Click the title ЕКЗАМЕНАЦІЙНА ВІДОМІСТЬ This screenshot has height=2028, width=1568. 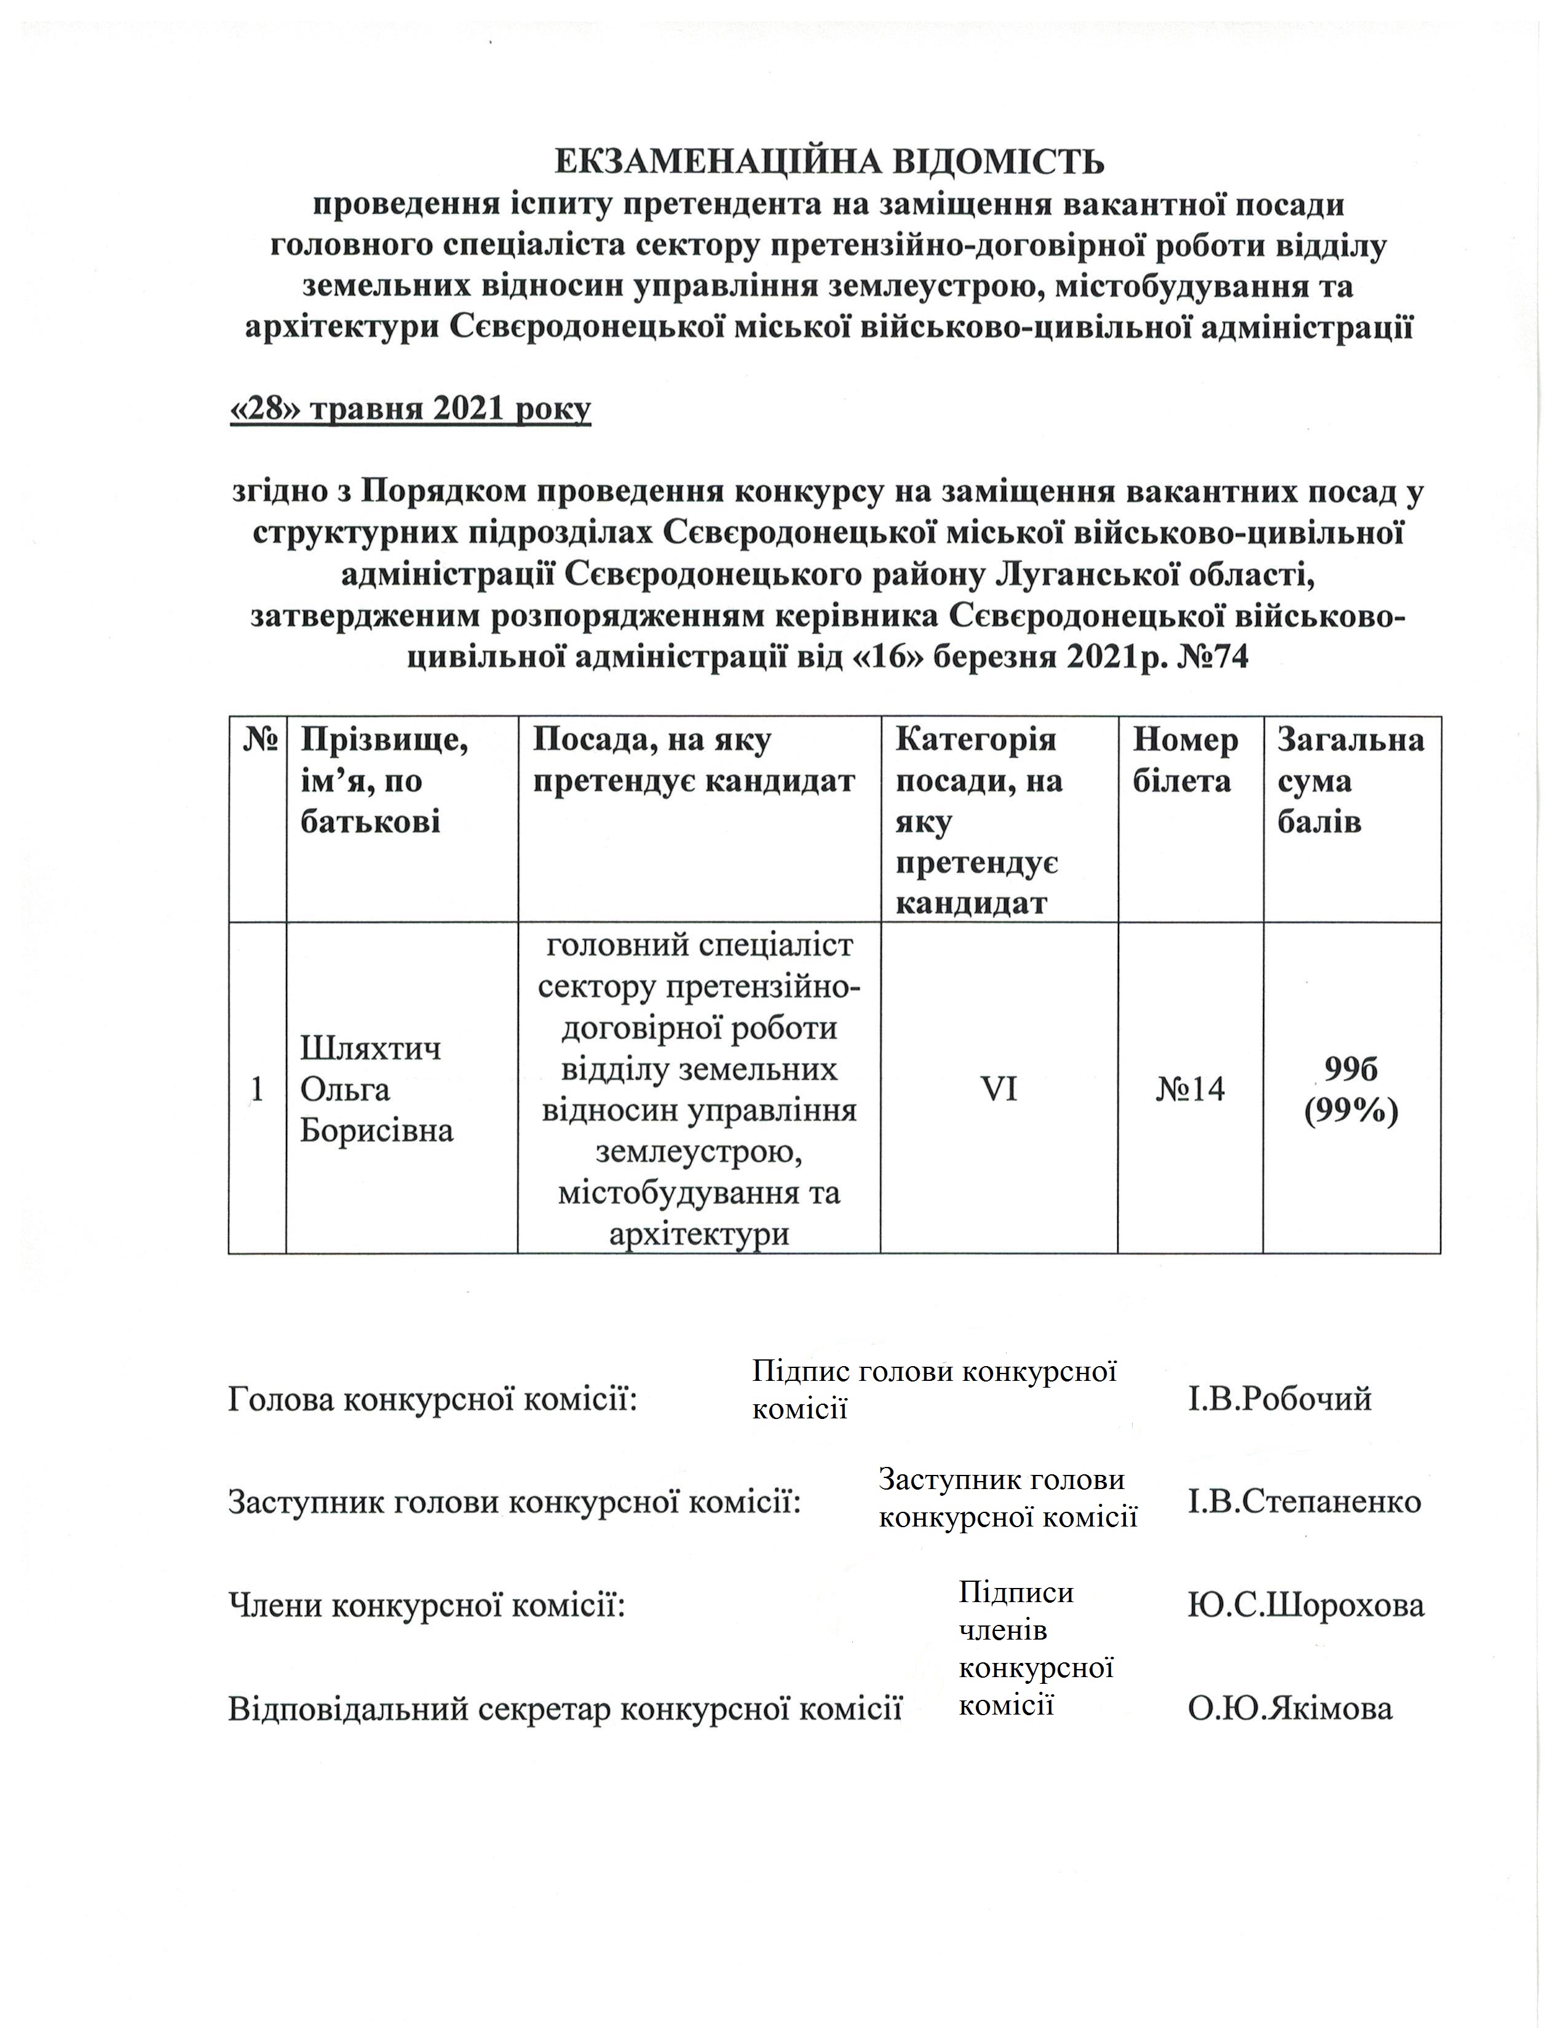click(829, 162)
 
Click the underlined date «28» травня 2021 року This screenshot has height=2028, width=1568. click(410, 409)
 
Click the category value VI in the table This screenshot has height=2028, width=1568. click(999, 1088)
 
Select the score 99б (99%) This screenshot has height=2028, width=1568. click(1352, 1090)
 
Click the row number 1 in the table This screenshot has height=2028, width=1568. click(257, 1089)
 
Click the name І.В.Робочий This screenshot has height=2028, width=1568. click(1279, 1399)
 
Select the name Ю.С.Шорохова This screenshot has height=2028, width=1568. click(1305, 1605)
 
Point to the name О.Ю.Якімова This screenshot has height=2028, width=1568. click(1290, 1708)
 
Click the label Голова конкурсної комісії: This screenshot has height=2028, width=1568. click(433, 1399)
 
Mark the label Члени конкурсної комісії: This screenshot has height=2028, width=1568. click(426, 1605)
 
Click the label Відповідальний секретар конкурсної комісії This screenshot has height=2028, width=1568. click(564, 1708)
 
